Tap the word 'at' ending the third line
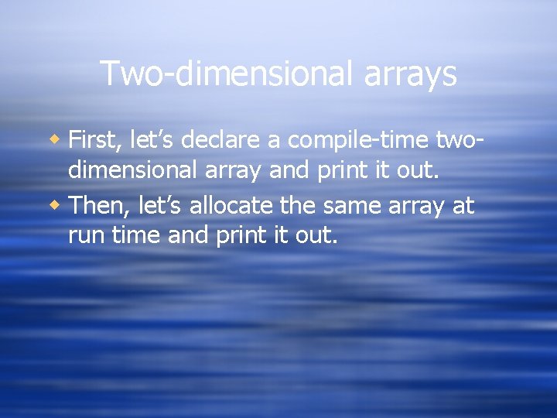pyautogui.click(x=464, y=206)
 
